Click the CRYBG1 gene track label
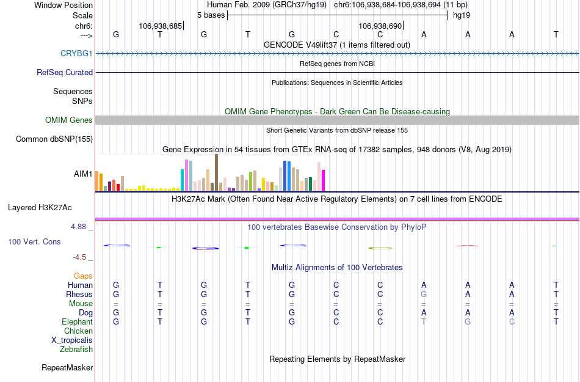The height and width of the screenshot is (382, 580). pos(76,54)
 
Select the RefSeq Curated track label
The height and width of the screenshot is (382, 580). pos(65,72)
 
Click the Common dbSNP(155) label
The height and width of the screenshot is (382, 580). pos(54,139)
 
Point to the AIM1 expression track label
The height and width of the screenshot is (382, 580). pos(83,174)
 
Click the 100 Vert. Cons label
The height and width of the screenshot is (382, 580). pos(34,242)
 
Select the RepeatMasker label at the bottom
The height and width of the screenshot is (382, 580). pos(67,368)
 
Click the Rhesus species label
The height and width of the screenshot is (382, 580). pos(79,294)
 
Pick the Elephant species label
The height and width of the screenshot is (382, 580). pos(77,321)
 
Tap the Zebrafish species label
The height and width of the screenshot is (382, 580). pos(76,350)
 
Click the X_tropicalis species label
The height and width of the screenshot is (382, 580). pos(72,340)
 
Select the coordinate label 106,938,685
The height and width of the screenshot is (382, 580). pos(161,26)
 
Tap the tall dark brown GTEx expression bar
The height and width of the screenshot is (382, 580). pos(216,172)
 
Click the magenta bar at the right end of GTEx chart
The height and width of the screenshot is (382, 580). pos(323,180)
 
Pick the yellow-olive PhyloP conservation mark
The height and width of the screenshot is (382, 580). pos(380,248)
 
